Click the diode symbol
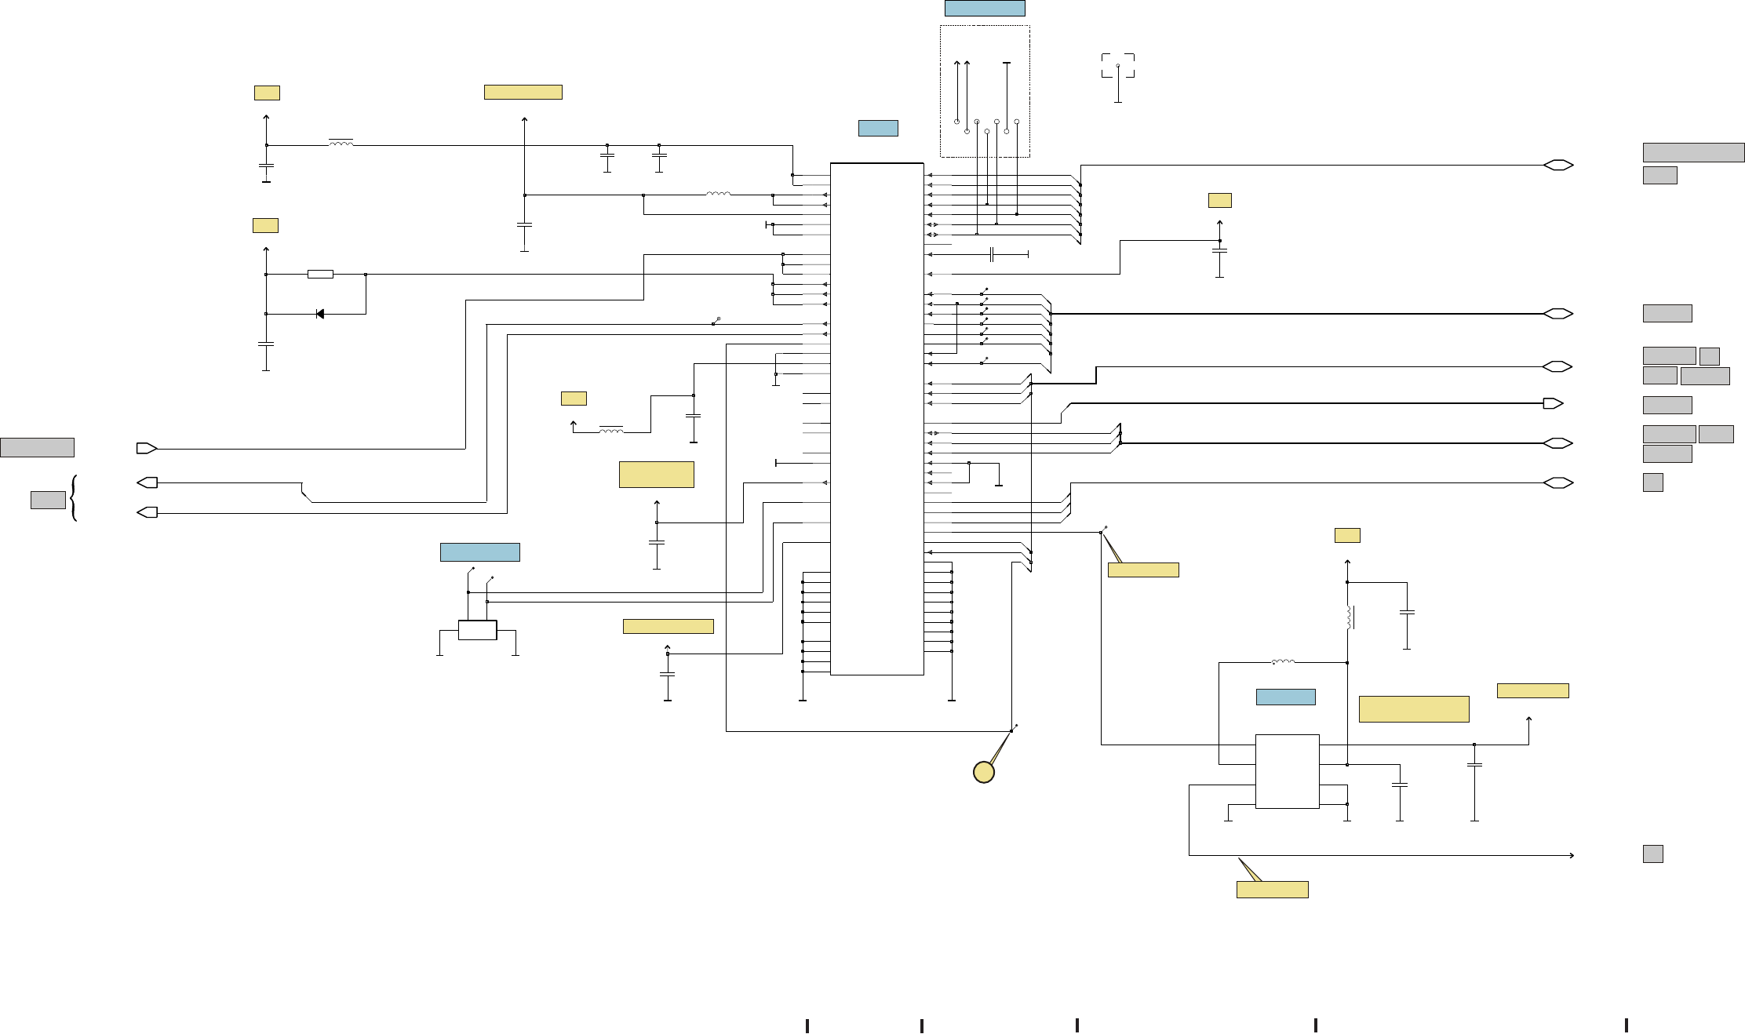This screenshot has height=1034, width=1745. click(319, 314)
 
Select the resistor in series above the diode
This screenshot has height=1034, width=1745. click(320, 275)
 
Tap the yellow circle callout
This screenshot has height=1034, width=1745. click(984, 772)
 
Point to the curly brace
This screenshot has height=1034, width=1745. click(74, 497)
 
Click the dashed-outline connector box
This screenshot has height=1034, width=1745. click(985, 91)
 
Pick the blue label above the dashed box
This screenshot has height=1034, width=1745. click(985, 9)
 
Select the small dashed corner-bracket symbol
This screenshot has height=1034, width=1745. click(1118, 66)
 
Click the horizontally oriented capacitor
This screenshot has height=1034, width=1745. click(993, 254)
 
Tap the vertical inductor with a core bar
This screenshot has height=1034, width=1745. click(1350, 617)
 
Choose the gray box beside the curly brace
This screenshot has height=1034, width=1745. click(48, 500)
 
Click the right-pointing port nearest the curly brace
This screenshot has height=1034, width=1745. click(147, 449)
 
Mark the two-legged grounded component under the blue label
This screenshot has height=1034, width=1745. click(477, 630)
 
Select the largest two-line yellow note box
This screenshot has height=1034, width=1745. click(1413, 708)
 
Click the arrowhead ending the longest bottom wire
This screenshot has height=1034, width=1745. click(1572, 855)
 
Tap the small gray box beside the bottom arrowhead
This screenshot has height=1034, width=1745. click(1652, 854)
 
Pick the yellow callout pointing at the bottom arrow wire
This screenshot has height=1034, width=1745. click(1272, 889)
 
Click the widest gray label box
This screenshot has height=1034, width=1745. click(1693, 152)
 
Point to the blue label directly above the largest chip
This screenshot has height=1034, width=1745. click(878, 128)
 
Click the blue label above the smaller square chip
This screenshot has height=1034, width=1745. click(1285, 697)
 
